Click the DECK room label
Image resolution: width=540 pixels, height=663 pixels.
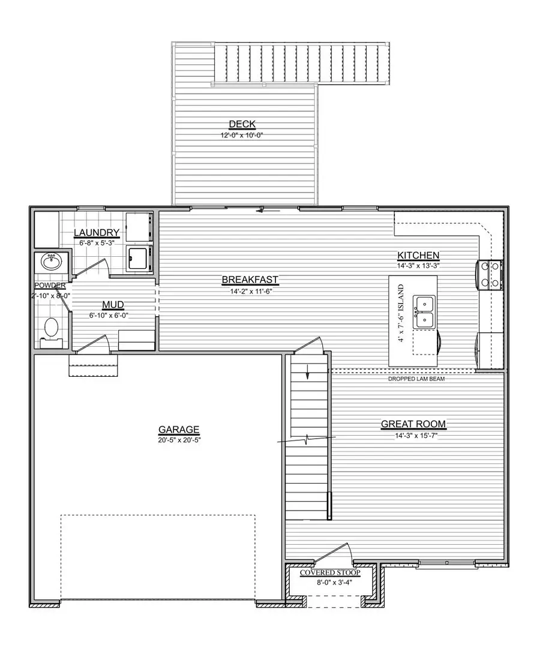click(242, 125)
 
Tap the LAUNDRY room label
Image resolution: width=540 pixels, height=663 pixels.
click(97, 233)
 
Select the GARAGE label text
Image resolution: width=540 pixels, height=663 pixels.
click(179, 430)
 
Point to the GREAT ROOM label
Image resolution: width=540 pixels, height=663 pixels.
click(413, 425)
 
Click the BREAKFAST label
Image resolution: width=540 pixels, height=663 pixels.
click(250, 280)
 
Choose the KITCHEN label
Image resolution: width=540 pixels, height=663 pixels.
click(418, 255)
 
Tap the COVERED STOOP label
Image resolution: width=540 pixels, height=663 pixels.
click(331, 573)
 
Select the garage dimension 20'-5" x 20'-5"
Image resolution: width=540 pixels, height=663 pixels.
click(179, 440)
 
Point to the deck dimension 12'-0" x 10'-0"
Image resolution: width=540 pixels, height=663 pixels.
click(242, 135)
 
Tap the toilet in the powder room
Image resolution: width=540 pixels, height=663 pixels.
click(52, 329)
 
